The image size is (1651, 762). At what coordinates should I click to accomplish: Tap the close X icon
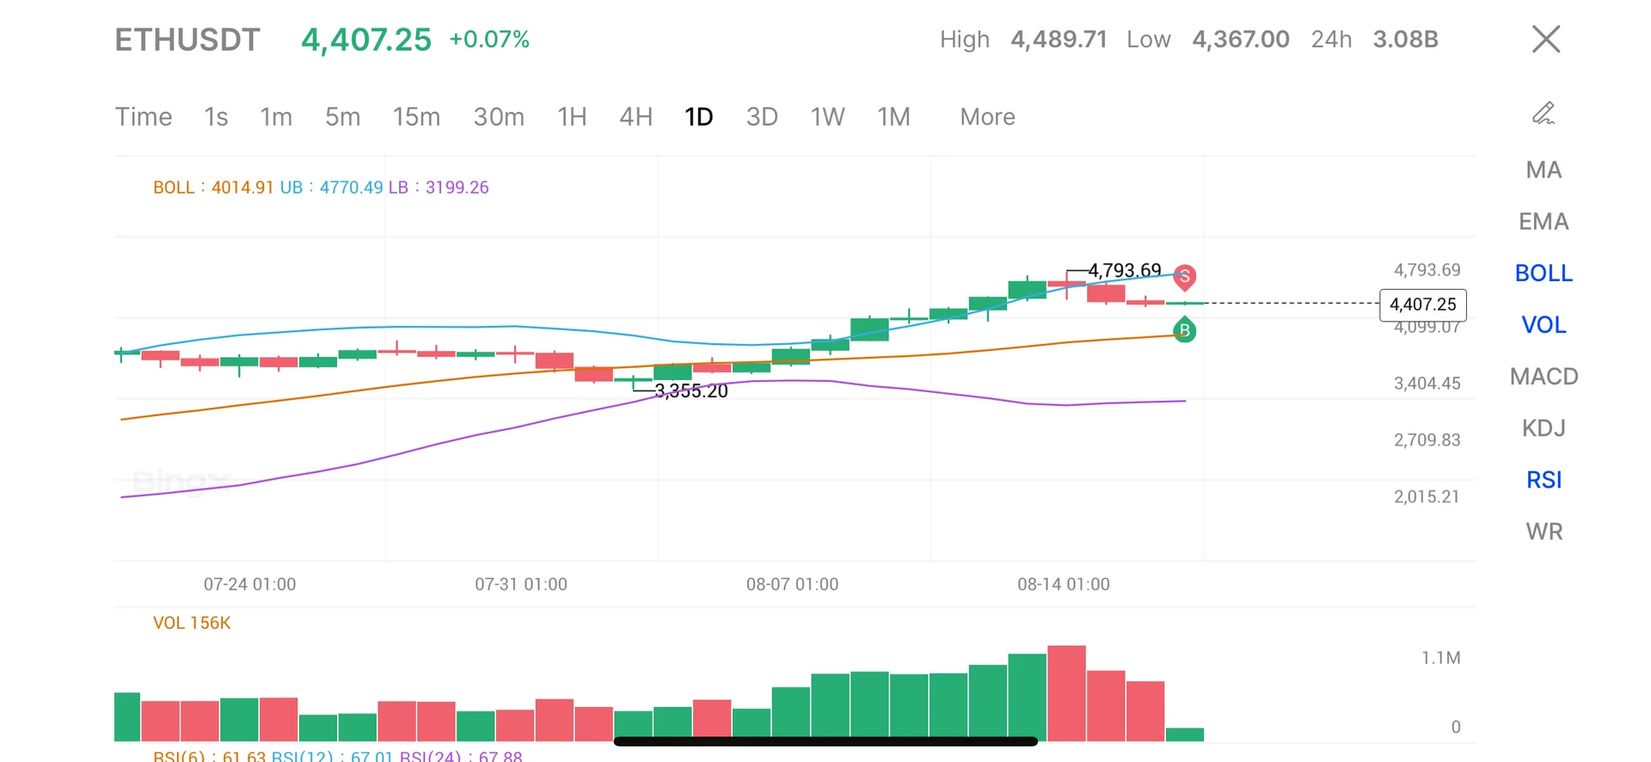point(1545,39)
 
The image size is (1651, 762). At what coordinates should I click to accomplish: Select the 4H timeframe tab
point(635,117)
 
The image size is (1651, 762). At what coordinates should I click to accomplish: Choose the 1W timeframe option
point(827,117)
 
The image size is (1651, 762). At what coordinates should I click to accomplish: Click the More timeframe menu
point(987,117)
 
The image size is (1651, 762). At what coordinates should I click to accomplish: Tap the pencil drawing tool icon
point(1544,114)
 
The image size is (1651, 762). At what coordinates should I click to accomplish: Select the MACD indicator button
point(1544,377)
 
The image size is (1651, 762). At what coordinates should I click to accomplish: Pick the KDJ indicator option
point(1544,428)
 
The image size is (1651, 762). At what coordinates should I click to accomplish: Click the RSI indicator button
point(1544,480)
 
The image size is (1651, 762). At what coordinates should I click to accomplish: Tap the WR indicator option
point(1544,532)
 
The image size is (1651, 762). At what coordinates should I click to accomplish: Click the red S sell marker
point(1185,276)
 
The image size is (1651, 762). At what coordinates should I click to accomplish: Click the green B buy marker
point(1185,329)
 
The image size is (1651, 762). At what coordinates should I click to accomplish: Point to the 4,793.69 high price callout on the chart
point(1124,270)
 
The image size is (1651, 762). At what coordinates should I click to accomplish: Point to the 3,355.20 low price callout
point(691,391)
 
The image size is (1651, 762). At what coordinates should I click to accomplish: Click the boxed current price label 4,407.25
point(1422,304)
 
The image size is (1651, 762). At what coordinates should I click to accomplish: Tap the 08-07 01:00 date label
point(792,585)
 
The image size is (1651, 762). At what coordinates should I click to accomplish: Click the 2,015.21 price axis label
point(1427,497)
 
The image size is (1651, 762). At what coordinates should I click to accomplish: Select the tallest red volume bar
point(1066,692)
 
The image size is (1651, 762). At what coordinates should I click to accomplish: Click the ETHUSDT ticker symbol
point(187,40)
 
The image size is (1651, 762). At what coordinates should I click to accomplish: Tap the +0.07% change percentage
point(489,40)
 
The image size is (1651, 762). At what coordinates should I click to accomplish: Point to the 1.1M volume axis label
point(1440,658)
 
